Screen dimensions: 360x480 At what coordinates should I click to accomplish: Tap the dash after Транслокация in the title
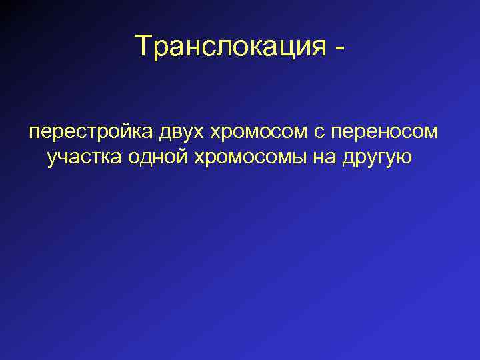(x=341, y=48)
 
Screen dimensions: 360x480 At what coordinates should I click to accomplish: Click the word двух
(x=182, y=132)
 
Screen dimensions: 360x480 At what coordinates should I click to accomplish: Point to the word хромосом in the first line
(x=257, y=132)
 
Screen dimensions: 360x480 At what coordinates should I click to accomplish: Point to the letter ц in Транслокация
(x=289, y=48)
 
